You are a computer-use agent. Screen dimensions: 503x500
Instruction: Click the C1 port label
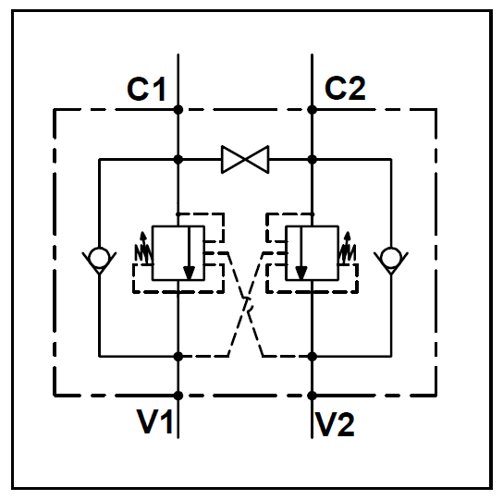pyautogui.click(x=146, y=89)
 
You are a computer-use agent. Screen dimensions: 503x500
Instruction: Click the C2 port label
pyautogui.click(x=345, y=88)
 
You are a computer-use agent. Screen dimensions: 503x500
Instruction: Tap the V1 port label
pyautogui.click(x=155, y=421)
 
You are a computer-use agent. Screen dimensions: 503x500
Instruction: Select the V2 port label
pyautogui.click(x=336, y=424)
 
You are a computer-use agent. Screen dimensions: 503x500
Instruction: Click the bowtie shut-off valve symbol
pyautogui.click(x=245, y=159)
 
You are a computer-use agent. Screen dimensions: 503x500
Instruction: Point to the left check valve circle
pyautogui.click(x=99, y=258)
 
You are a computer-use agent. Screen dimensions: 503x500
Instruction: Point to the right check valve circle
pyautogui.click(x=391, y=258)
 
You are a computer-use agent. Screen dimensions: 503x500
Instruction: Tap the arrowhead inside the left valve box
pyautogui.click(x=189, y=273)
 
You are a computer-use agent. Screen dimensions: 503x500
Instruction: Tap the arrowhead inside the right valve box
pyautogui.click(x=301, y=273)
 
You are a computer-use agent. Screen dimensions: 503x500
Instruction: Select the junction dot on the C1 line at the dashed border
pyautogui.click(x=178, y=110)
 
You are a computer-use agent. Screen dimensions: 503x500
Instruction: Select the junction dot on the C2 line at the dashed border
pyautogui.click(x=312, y=110)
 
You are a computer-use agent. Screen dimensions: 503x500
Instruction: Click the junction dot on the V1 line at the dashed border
pyautogui.click(x=178, y=396)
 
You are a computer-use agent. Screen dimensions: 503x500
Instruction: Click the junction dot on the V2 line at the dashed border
pyautogui.click(x=312, y=396)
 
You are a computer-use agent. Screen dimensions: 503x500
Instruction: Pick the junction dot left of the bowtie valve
pyautogui.click(x=178, y=159)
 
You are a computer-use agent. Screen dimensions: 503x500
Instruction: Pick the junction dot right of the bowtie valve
pyautogui.click(x=312, y=159)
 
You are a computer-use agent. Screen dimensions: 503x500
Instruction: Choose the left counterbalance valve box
pyautogui.click(x=178, y=253)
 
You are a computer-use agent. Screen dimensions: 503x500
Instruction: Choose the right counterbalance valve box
pyautogui.click(x=312, y=253)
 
